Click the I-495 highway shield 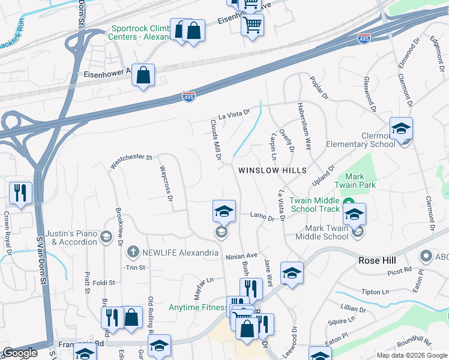[188, 97]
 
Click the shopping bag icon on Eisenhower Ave [143, 76]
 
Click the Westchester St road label [131, 160]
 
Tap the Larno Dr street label [262, 216]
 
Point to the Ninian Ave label [241, 257]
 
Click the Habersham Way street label [304, 126]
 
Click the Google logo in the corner [19, 353]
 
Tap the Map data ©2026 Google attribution [412, 355]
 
